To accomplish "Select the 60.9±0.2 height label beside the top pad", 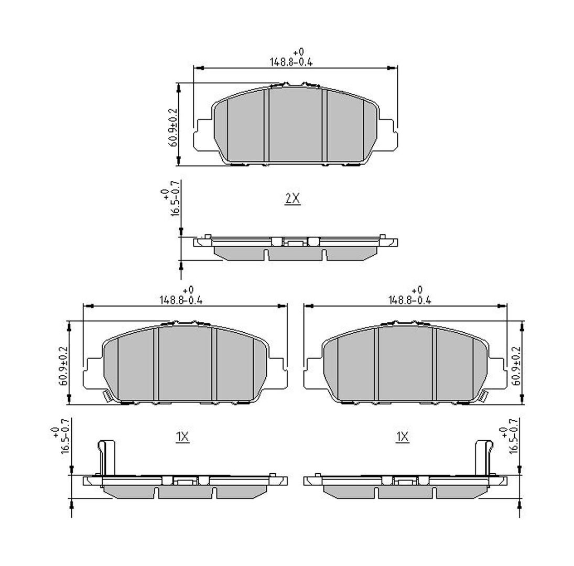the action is (x=172, y=127).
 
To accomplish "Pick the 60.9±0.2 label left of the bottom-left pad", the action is (x=63, y=366).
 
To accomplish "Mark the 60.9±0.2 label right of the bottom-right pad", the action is (x=516, y=366).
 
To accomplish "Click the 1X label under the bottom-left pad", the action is (x=182, y=437).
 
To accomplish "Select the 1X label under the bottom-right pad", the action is (x=402, y=437).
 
